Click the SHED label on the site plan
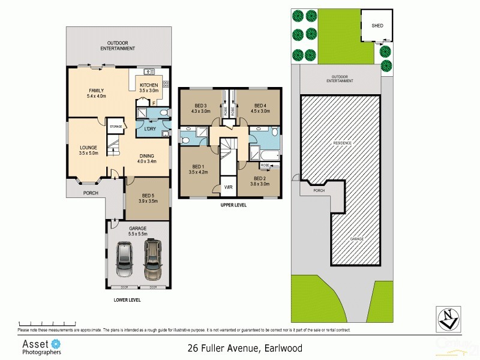pos(377,26)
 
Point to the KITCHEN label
pos(149,85)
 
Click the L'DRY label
pos(150,130)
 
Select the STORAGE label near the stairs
pos(116,127)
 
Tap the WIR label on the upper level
pos(228,187)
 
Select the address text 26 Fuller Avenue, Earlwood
pos(244,347)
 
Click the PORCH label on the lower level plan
pos(91,193)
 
